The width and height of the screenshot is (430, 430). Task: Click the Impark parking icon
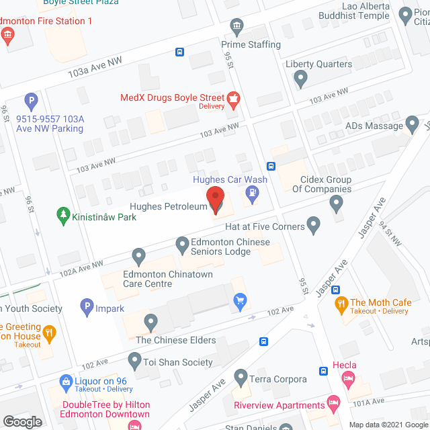(x=86, y=308)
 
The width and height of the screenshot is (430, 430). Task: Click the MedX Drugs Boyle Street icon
(x=233, y=99)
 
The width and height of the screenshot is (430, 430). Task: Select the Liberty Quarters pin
(x=300, y=79)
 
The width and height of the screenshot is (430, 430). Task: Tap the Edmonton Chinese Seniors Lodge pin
(x=182, y=246)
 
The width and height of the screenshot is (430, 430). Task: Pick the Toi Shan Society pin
(x=132, y=362)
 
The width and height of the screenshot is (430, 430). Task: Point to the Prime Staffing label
(x=251, y=44)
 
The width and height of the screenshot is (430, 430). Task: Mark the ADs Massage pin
(x=411, y=126)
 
